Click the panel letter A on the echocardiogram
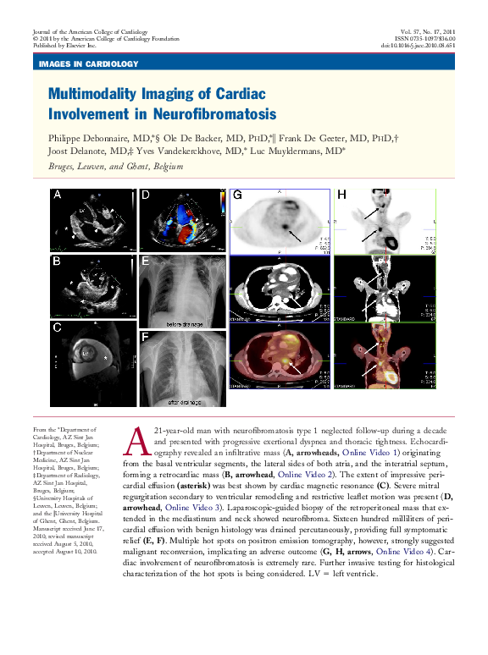(x=58, y=195)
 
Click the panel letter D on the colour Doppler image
(x=146, y=195)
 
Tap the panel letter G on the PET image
(x=238, y=195)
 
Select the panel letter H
(x=341, y=195)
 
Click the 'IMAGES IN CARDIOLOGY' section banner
(x=88, y=64)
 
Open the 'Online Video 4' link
(x=406, y=551)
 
